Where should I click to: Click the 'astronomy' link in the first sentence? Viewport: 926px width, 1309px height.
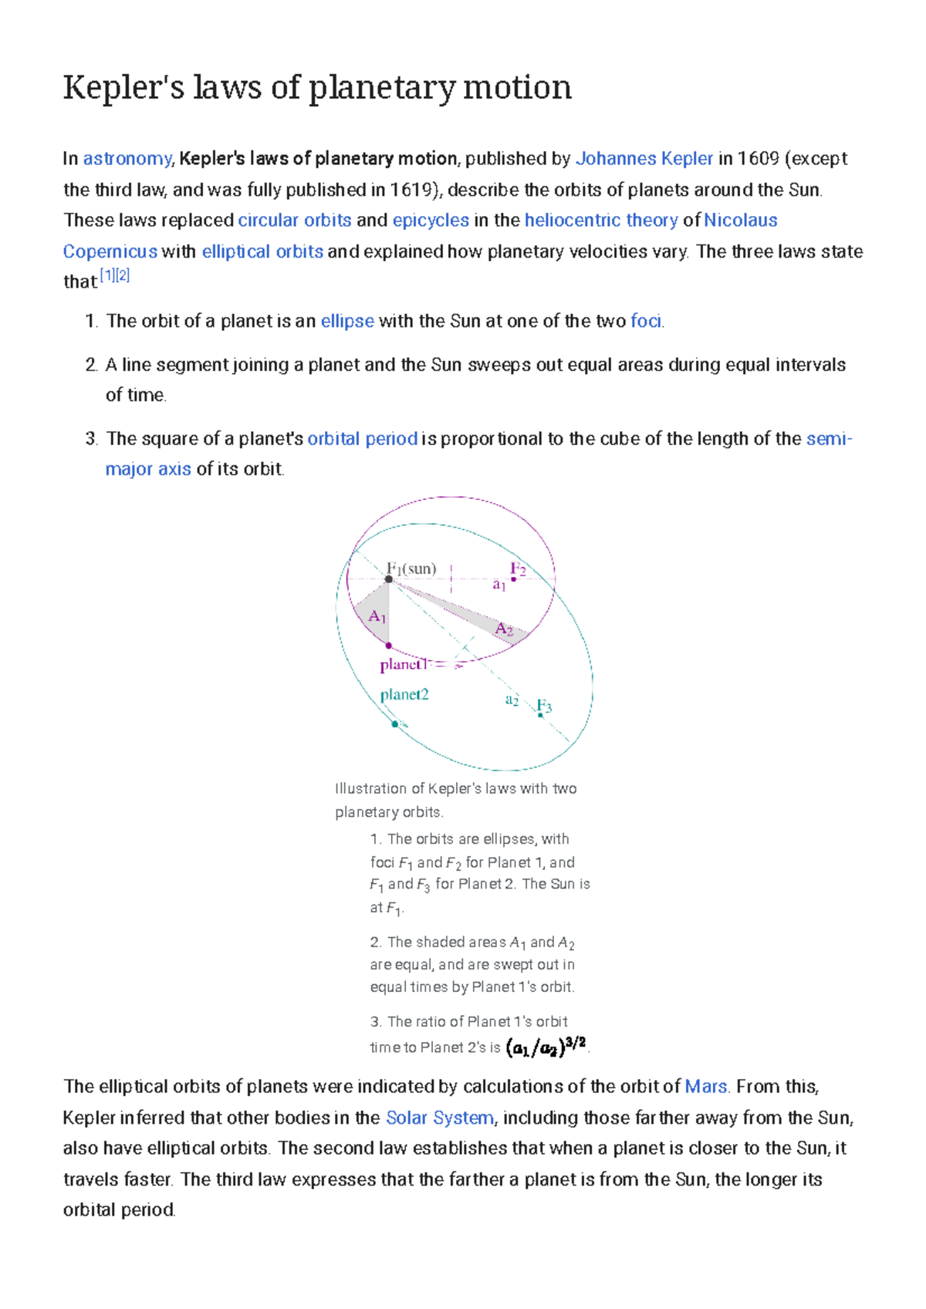click(127, 159)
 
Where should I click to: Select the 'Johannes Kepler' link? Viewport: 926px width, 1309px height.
click(644, 159)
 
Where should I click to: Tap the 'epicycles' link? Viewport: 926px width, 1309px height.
click(431, 221)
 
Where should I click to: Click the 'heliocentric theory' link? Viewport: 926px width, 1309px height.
click(601, 221)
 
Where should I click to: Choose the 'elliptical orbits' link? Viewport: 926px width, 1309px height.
click(262, 252)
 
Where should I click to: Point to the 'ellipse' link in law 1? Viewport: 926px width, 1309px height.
click(347, 322)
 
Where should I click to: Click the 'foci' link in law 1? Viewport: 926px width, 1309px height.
click(646, 322)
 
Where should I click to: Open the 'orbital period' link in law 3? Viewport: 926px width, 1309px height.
click(363, 439)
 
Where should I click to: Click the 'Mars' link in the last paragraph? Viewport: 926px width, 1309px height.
click(706, 1087)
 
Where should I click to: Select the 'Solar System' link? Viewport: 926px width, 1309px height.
click(440, 1118)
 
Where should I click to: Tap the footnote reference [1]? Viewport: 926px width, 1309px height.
click(107, 276)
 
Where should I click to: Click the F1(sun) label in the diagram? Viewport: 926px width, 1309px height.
click(411, 568)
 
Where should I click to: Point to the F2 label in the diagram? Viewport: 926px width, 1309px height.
click(518, 570)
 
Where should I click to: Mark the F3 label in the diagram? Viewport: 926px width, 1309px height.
click(544, 706)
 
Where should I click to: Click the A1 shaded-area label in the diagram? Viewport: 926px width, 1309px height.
click(377, 616)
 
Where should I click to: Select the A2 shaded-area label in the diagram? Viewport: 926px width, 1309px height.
click(504, 629)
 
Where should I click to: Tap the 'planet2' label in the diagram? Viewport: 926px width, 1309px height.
click(404, 694)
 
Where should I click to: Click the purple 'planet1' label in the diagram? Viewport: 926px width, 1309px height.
click(403, 664)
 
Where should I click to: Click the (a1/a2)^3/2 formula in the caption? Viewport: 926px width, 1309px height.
click(547, 1047)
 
